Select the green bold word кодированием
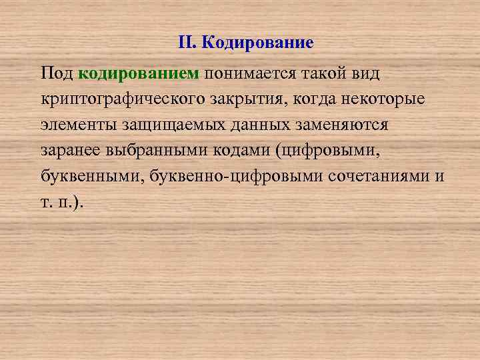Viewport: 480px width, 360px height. pos(139,72)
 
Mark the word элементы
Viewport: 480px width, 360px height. pos(71,126)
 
